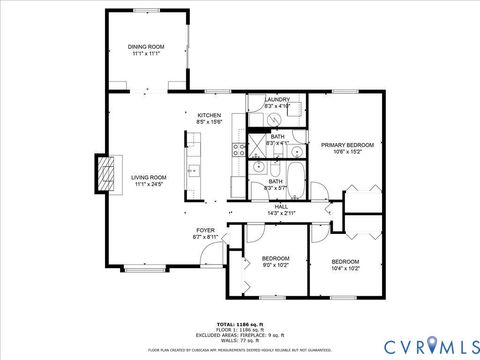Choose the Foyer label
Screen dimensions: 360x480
click(205, 233)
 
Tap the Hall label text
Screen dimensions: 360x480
click(281, 209)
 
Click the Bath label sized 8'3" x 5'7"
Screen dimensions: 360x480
click(275, 184)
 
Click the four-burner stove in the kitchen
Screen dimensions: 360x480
click(239, 151)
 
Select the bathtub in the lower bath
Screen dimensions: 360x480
click(275, 190)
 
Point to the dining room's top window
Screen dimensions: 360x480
click(146, 10)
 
